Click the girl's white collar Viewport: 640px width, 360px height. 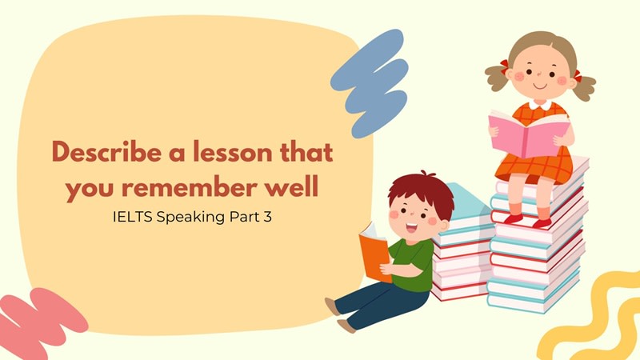click(x=538, y=104)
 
